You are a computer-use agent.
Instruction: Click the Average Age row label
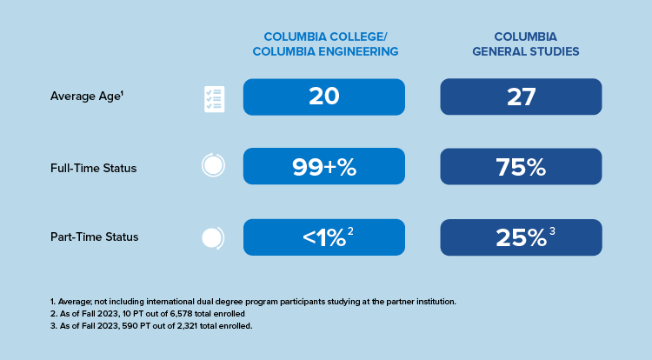tap(87, 97)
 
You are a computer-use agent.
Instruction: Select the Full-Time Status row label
tap(94, 166)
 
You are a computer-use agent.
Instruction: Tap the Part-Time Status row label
tap(94, 237)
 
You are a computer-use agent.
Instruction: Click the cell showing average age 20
tap(324, 97)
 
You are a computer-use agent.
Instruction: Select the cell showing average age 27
tap(522, 97)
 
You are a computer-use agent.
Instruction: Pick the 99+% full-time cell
tap(324, 166)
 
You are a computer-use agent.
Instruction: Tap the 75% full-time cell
tap(522, 166)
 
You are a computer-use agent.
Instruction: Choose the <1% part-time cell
tap(324, 237)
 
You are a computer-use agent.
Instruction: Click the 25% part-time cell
tap(522, 237)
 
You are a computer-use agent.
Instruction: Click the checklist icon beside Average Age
tap(214, 98)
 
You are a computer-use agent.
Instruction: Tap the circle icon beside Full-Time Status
tap(213, 165)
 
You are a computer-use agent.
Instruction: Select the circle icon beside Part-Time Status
tap(213, 237)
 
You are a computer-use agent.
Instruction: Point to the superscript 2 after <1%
tap(350, 231)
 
